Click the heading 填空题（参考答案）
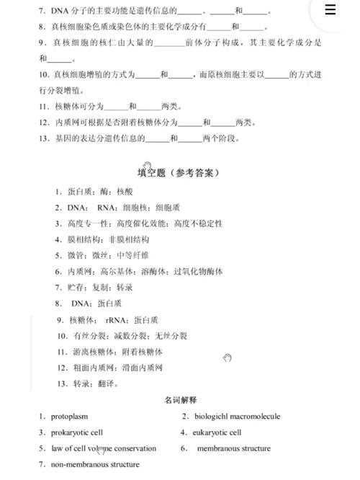(179, 173)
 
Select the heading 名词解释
(180, 399)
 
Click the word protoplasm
(69, 416)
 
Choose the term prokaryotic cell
(76, 432)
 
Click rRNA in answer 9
(117, 320)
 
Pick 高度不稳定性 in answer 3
(198, 223)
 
